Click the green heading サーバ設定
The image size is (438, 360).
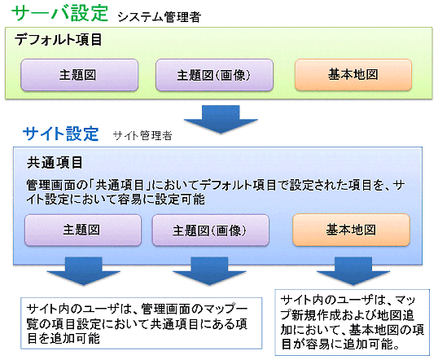(59, 13)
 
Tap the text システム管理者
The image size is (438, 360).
(160, 17)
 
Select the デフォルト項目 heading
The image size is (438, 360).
(58, 39)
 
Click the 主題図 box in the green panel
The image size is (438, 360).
(80, 75)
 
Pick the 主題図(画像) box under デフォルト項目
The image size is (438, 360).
(214, 75)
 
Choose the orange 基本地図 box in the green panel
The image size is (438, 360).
(353, 75)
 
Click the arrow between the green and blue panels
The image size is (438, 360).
(221, 120)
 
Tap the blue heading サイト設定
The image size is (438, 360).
(61, 134)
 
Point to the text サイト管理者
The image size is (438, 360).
(142, 136)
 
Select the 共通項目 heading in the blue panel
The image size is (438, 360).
(55, 162)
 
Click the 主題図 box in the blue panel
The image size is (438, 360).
(83, 230)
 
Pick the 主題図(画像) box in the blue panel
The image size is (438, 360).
(211, 230)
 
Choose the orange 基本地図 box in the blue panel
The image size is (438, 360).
(352, 230)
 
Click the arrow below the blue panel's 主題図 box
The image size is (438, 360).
(84, 271)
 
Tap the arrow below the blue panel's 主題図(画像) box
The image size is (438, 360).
(209, 271)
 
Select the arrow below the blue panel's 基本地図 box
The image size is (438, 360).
(353, 271)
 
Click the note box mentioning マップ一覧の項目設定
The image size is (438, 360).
(142, 323)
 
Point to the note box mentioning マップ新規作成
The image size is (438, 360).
(353, 323)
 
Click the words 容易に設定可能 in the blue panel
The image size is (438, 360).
(161, 200)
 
